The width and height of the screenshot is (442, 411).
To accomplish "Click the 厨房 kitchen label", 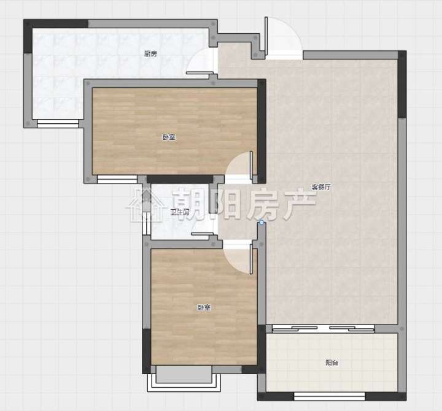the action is [150, 53].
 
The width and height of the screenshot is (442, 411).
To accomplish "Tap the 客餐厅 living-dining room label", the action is [321, 187].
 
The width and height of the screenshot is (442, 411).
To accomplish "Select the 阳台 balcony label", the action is [331, 363].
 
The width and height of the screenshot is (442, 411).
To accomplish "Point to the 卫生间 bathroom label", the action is [180, 212].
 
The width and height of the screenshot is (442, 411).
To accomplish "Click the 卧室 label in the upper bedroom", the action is [169, 137].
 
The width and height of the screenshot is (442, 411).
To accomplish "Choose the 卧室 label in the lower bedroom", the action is [204, 307].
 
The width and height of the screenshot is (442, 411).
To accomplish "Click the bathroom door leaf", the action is [203, 234].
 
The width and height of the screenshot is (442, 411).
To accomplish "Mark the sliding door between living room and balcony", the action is [323, 328].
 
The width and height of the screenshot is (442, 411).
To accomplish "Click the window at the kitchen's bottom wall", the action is [58, 123].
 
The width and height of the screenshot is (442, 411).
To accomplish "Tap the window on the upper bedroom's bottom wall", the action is [117, 179].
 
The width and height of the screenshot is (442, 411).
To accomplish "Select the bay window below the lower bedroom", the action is [184, 379].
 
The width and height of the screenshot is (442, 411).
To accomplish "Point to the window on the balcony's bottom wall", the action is [330, 396].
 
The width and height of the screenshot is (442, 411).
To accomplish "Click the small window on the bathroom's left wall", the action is [146, 224].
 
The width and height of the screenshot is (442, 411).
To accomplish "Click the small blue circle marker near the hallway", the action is [262, 223].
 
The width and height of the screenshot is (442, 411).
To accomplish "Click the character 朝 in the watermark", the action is [189, 204].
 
